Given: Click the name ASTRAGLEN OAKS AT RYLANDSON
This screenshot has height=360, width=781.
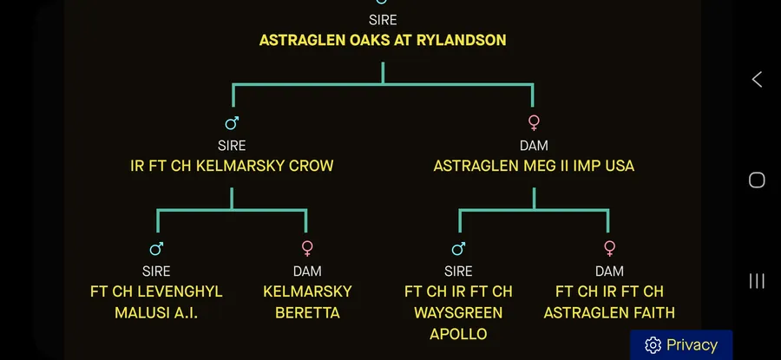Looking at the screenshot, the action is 383,40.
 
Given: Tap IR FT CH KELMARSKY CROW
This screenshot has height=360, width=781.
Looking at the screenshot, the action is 232,166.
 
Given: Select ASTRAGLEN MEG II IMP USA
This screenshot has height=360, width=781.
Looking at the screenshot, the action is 534,166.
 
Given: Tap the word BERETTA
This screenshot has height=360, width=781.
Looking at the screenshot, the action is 307,312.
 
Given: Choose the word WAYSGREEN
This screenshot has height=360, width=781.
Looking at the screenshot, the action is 458,312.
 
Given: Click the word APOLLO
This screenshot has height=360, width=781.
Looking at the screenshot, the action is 458,334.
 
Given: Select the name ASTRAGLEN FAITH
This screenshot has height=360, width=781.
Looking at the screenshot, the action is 609,312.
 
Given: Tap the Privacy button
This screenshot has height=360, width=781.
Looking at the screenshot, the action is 681,344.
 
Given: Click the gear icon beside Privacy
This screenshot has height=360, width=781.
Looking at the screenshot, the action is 653,345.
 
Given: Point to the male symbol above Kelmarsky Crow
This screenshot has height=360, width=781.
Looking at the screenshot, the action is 232,122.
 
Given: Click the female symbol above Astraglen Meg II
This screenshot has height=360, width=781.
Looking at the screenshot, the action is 534,122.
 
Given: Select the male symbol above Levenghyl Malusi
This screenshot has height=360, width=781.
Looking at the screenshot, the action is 156,248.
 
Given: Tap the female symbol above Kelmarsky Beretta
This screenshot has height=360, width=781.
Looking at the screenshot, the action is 307,248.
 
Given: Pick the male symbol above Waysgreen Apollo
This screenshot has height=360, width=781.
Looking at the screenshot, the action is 458,248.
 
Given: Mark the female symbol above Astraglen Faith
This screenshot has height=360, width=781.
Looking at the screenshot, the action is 609,248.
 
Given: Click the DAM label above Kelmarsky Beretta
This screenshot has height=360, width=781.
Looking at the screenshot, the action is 307,271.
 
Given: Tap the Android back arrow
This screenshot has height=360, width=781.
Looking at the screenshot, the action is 757,79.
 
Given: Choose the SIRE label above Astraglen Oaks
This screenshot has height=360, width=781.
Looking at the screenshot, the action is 383,20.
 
